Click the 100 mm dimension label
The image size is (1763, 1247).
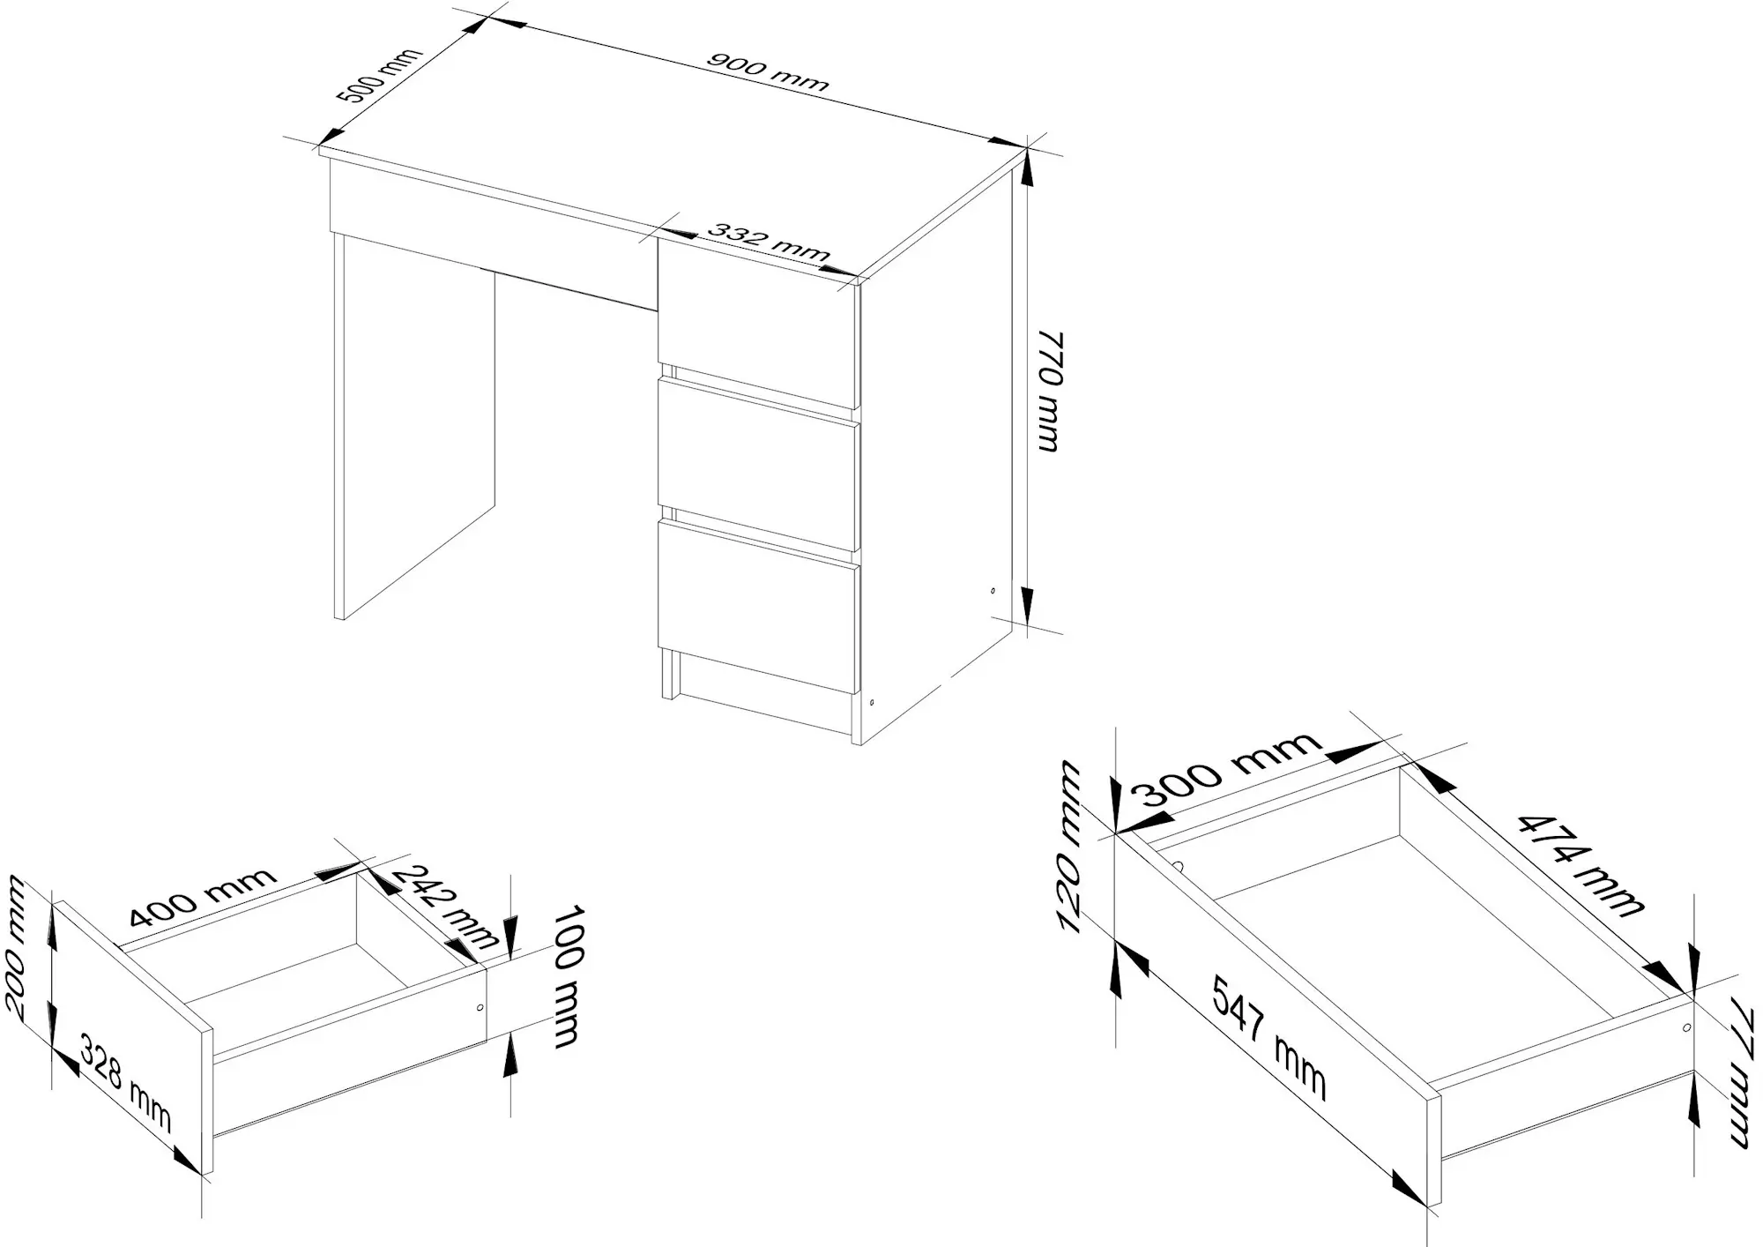point(568,975)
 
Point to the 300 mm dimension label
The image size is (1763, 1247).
point(1231,769)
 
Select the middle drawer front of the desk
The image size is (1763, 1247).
point(758,465)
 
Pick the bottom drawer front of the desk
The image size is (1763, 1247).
point(758,606)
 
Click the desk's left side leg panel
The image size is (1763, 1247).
point(414,426)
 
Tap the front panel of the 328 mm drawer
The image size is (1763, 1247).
point(132,1038)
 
